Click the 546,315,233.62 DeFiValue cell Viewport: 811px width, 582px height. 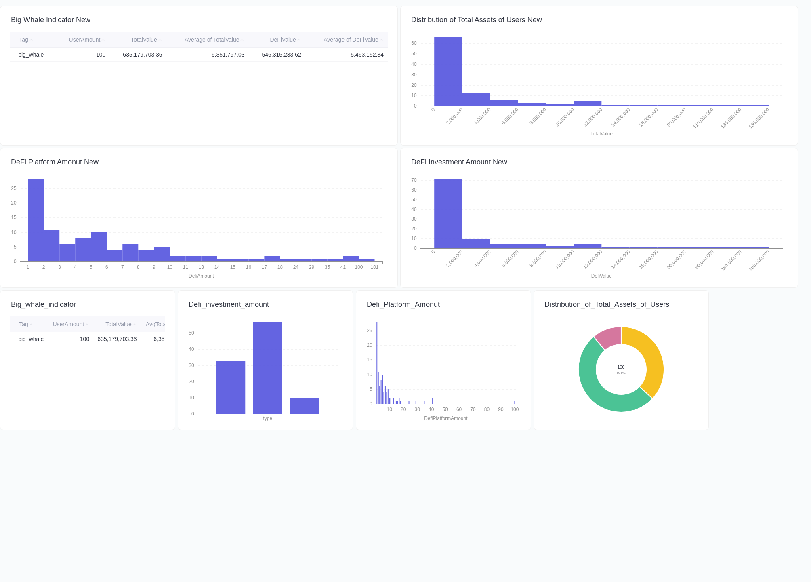[x=281, y=55]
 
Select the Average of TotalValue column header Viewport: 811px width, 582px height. [x=212, y=40]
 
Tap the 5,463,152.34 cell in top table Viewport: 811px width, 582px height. [x=367, y=55]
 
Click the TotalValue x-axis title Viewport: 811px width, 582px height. [x=601, y=134]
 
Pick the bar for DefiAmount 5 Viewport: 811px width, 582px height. [x=99, y=247]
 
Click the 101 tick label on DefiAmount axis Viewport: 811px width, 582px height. [x=374, y=267]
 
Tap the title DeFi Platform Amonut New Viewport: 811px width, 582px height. [x=55, y=162]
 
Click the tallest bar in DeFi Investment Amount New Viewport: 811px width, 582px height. [x=448, y=214]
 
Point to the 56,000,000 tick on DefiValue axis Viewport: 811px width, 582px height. [x=677, y=259]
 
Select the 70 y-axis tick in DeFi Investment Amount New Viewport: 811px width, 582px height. [x=414, y=180]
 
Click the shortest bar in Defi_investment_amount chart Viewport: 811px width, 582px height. [x=304, y=406]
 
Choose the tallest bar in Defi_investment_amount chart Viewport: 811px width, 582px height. [x=267, y=368]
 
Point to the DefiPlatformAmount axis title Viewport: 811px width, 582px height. [x=445, y=418]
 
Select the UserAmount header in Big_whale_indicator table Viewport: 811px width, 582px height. [x=68, y=324]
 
